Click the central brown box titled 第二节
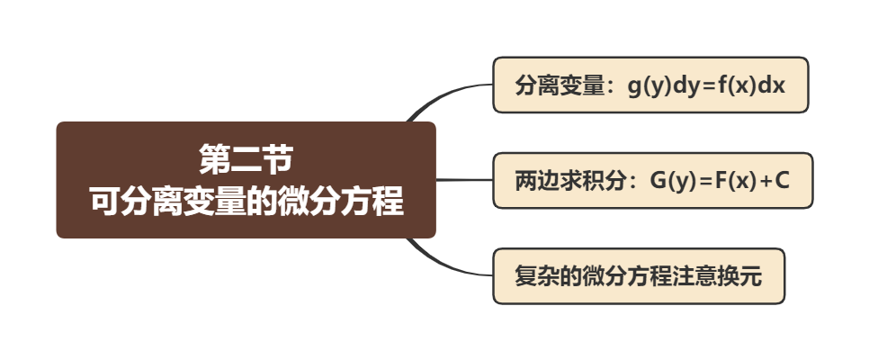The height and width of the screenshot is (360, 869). coord(246,180)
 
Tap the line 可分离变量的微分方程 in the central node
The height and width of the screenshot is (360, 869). coord(246,201)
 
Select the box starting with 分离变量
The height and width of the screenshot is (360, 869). coord(650,85)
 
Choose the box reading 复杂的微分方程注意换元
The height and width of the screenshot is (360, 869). coord(638,276)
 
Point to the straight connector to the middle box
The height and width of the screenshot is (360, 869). coord(464,180)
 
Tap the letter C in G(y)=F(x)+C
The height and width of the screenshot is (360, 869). coord(782,181)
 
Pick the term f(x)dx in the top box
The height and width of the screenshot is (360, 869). coord(753,86)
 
